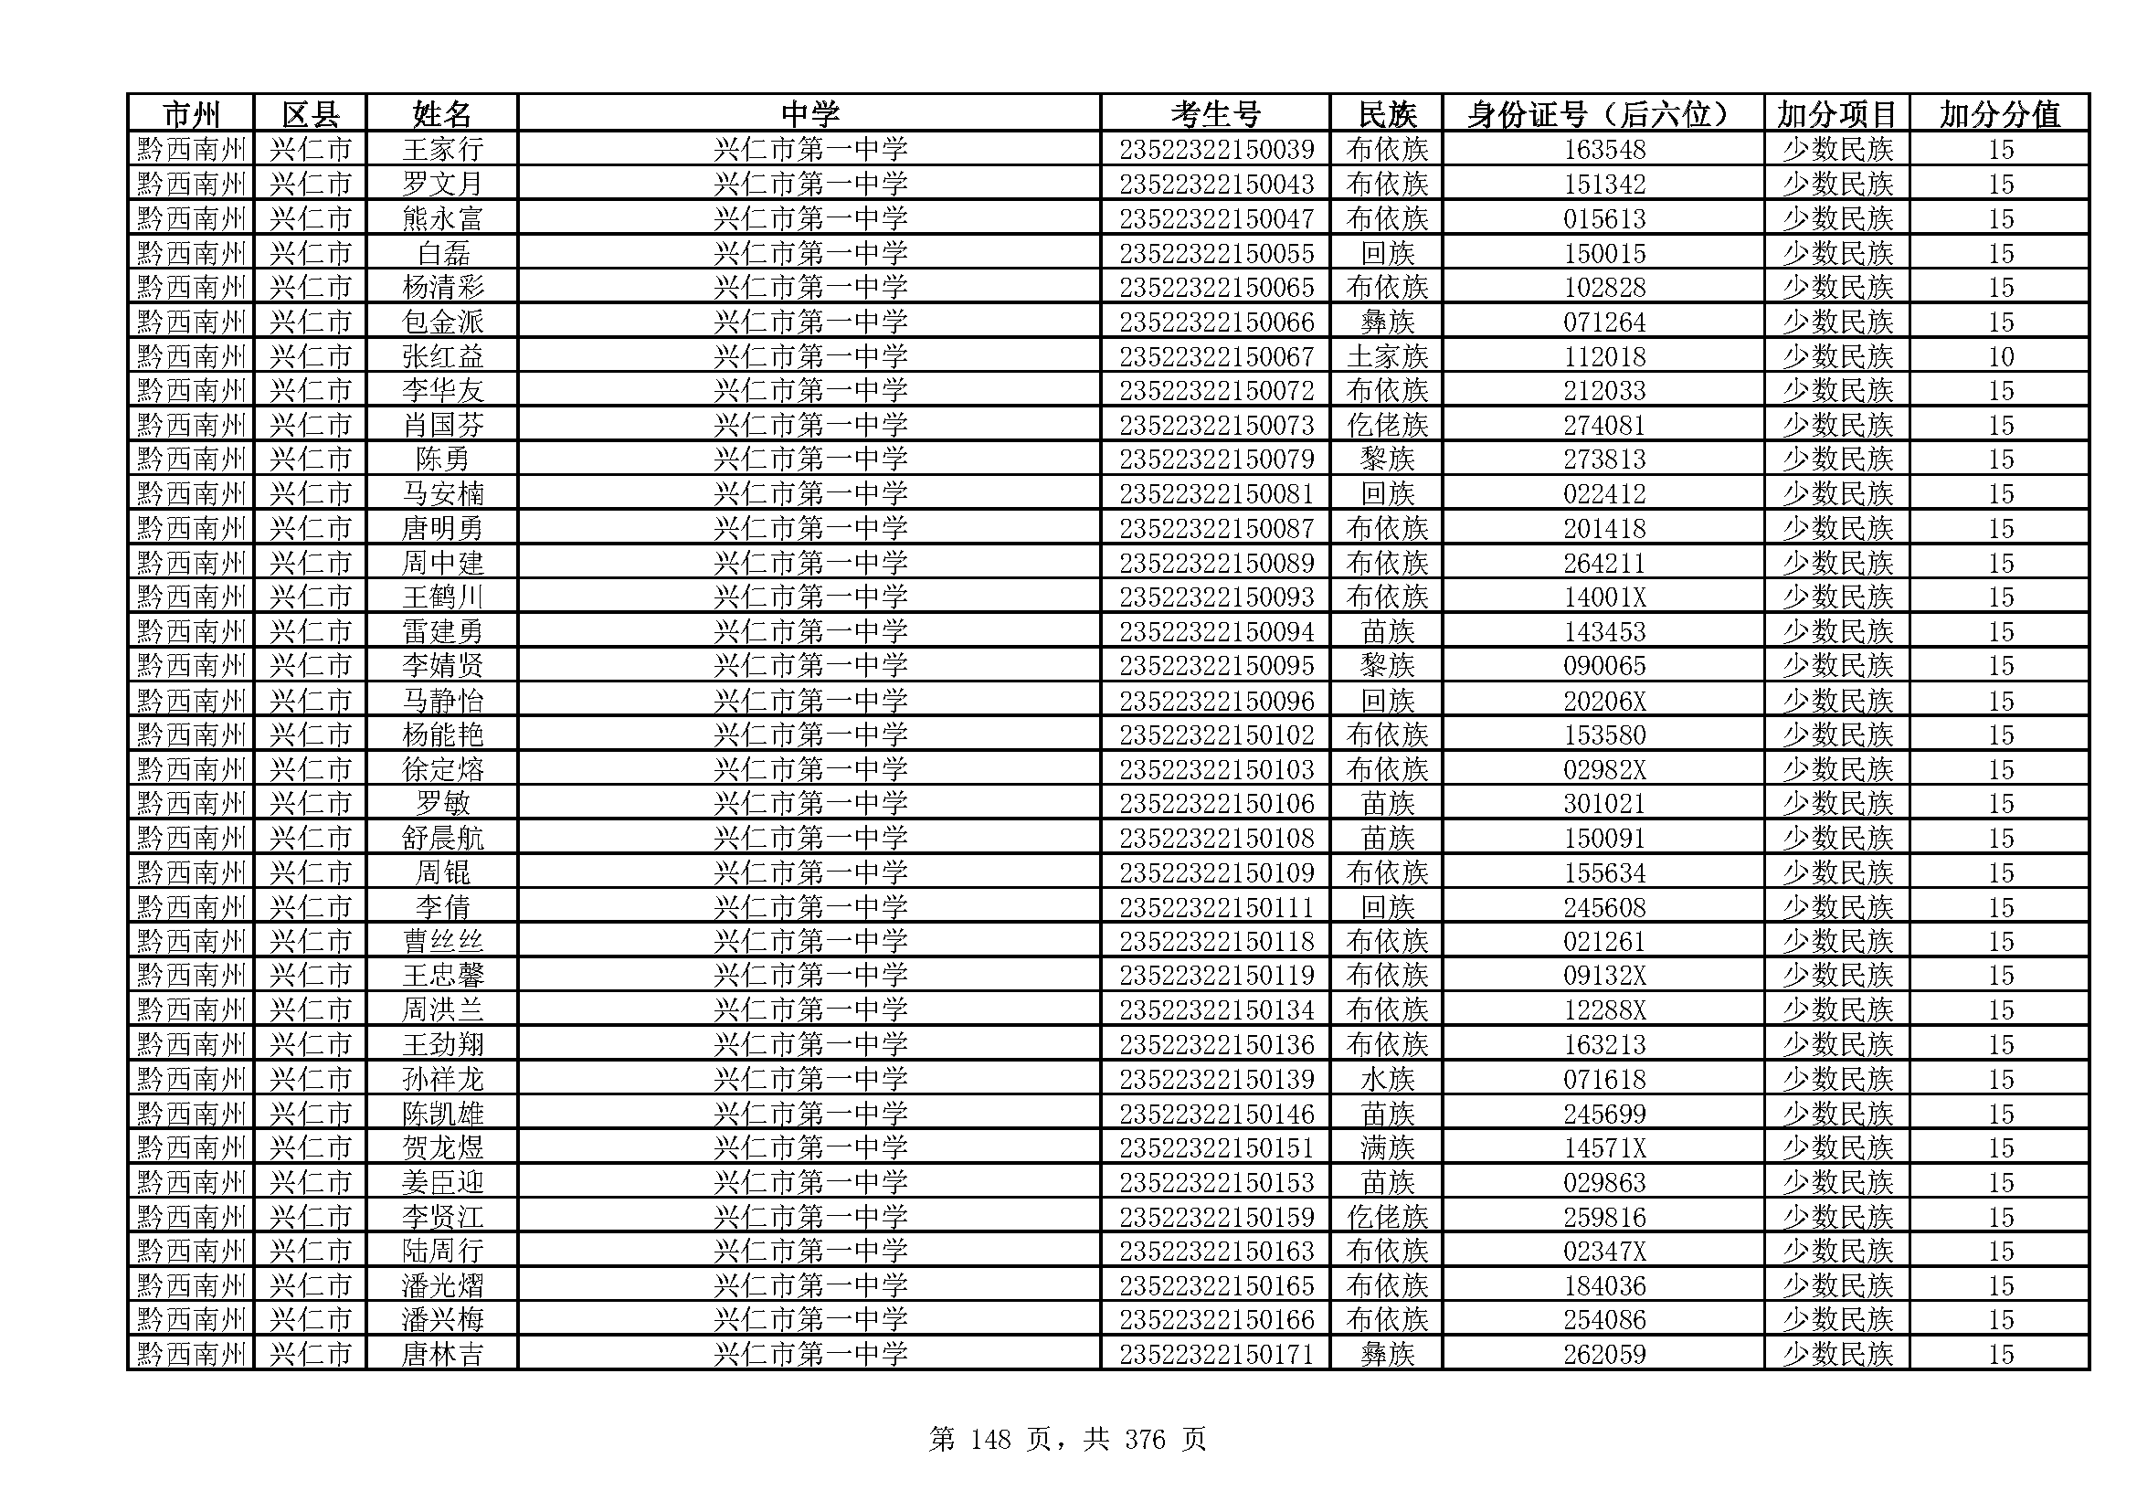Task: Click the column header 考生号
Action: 1214,114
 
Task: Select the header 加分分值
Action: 1999,114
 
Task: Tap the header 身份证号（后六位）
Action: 1603,114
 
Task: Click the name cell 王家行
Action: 442,150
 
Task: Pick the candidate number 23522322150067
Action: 1215,356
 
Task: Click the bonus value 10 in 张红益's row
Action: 2000,356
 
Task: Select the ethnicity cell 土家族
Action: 1387,356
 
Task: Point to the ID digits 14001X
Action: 1603,597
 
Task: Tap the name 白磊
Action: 442,253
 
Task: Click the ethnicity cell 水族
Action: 1387,1079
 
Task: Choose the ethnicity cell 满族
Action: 1387,1148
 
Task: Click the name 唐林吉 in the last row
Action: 442,1355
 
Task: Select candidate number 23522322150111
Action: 1215,907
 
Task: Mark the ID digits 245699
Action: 1603,1114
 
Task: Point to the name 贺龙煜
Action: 442,1148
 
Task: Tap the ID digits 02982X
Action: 1603,769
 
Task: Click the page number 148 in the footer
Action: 989,1441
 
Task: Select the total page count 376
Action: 1144,1441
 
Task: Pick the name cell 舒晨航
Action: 442,839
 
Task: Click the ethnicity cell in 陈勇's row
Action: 1387,460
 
